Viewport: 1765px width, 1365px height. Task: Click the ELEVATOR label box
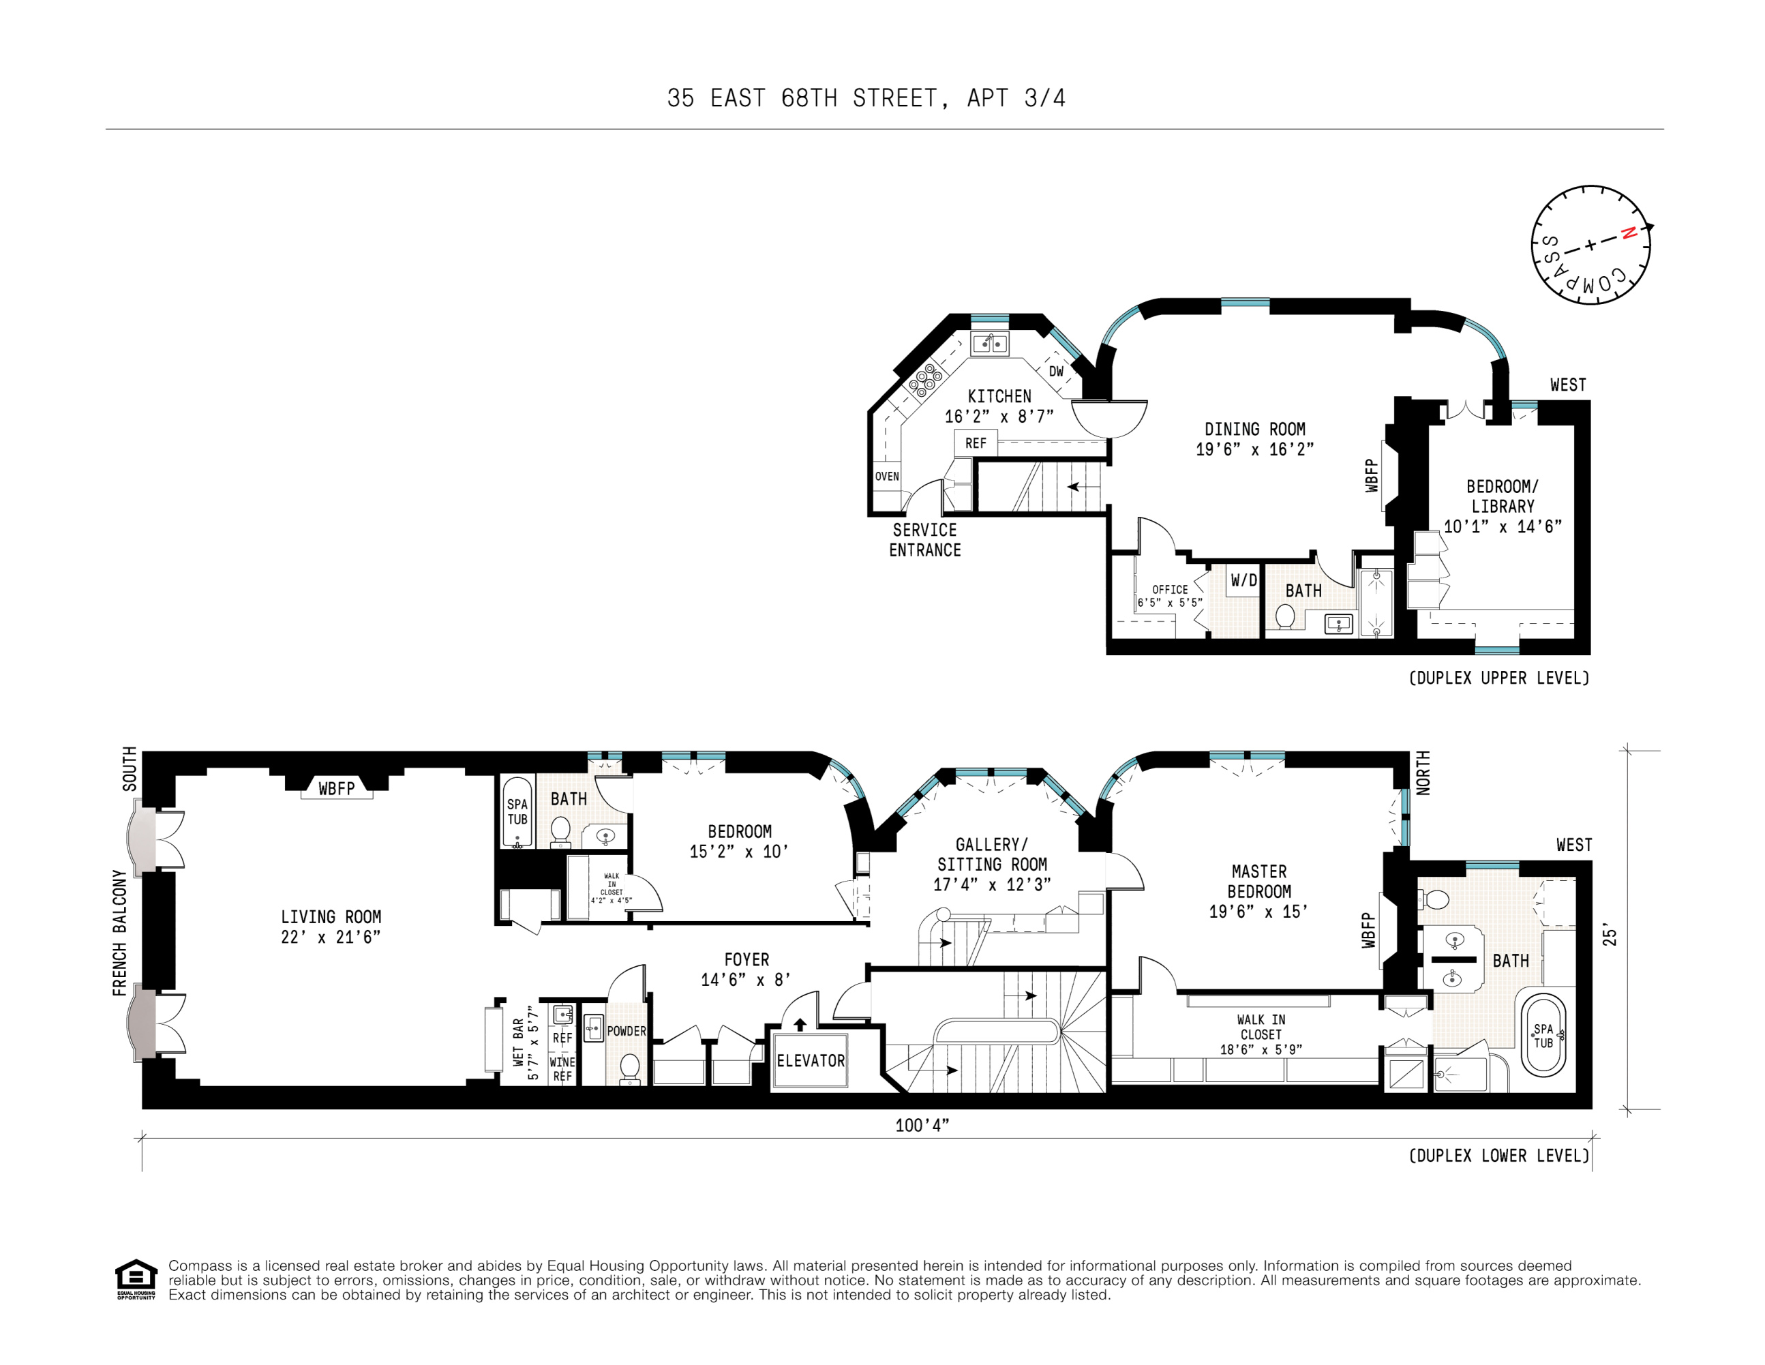tap(810, 1060)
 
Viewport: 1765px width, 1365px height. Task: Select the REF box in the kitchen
tap(976, 443)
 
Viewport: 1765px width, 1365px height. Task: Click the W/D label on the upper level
tap(1243, 580)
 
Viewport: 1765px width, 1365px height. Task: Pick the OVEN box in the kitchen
tap(886, 476)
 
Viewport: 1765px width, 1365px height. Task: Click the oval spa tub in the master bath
tap(1543, 1036)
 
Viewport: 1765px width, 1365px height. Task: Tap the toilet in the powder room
tap(629, 1067)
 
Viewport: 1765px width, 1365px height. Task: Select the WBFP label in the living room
tap(336, 788)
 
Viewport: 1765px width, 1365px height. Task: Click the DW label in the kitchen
tap(1055, 372)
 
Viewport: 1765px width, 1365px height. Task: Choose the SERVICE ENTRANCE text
tap(924, 540)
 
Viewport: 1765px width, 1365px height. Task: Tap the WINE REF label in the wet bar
tap(562, 1068)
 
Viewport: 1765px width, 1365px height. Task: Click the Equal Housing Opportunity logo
tap(136, 1279)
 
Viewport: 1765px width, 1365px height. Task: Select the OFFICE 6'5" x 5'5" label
tap(1169, 596)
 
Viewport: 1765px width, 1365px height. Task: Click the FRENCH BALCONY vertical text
tap(119, 933)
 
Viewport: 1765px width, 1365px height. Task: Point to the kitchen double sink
tap(989, 344)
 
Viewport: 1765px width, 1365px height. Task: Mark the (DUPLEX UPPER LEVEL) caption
tap(1498, 678)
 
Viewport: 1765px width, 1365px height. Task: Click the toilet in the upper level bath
tap(1285, 616)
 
